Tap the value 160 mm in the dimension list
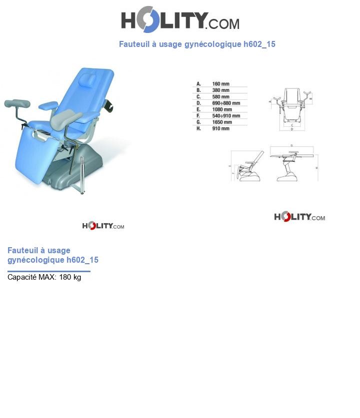coord(220,84)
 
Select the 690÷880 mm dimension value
coord(226,103)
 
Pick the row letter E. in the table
coord(198,109)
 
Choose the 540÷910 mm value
coord(226,116)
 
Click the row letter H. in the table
coord(198,128)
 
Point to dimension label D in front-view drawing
coord(291,129)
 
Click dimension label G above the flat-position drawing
coord(291,145)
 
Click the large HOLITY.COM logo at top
coord(180,20)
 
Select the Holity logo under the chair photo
coord(103,226)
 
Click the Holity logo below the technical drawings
coord(299,217)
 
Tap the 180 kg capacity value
coord(70,277)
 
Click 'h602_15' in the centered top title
coord(259,44)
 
